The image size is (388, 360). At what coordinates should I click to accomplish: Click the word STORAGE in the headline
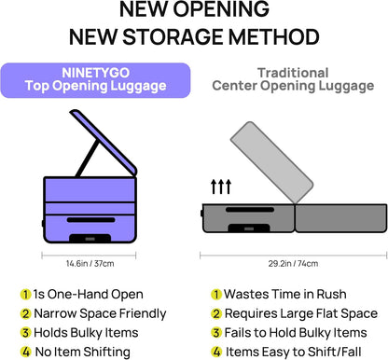tap(173, 36)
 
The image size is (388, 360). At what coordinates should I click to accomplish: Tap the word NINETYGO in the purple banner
tap(95, 73)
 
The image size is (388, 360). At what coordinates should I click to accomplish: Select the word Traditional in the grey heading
tap(293, 73)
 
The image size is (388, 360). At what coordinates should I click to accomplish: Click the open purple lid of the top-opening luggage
tap(104, 142)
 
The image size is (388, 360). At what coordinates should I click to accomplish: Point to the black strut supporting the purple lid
tap(88, 159)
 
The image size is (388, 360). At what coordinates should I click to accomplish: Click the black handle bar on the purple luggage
tap(90, 220)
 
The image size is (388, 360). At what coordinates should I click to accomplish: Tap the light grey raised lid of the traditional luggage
tap(271, 162)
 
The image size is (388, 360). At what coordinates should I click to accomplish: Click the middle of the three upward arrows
tap(221, 187)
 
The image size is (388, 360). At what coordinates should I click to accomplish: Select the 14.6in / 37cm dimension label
tap(90, 264)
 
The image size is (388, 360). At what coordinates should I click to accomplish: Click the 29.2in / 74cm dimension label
tap(293, 264)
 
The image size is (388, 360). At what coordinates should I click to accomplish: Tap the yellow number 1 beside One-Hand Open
tap(25, 294)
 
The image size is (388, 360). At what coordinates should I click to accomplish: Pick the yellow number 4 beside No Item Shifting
tap(25, 352)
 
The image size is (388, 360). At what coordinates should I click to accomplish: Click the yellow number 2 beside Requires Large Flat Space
tap(216, 313)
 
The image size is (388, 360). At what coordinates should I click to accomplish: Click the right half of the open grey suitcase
tap(340, 218)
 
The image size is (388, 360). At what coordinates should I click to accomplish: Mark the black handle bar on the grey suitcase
tap(250, 210)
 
